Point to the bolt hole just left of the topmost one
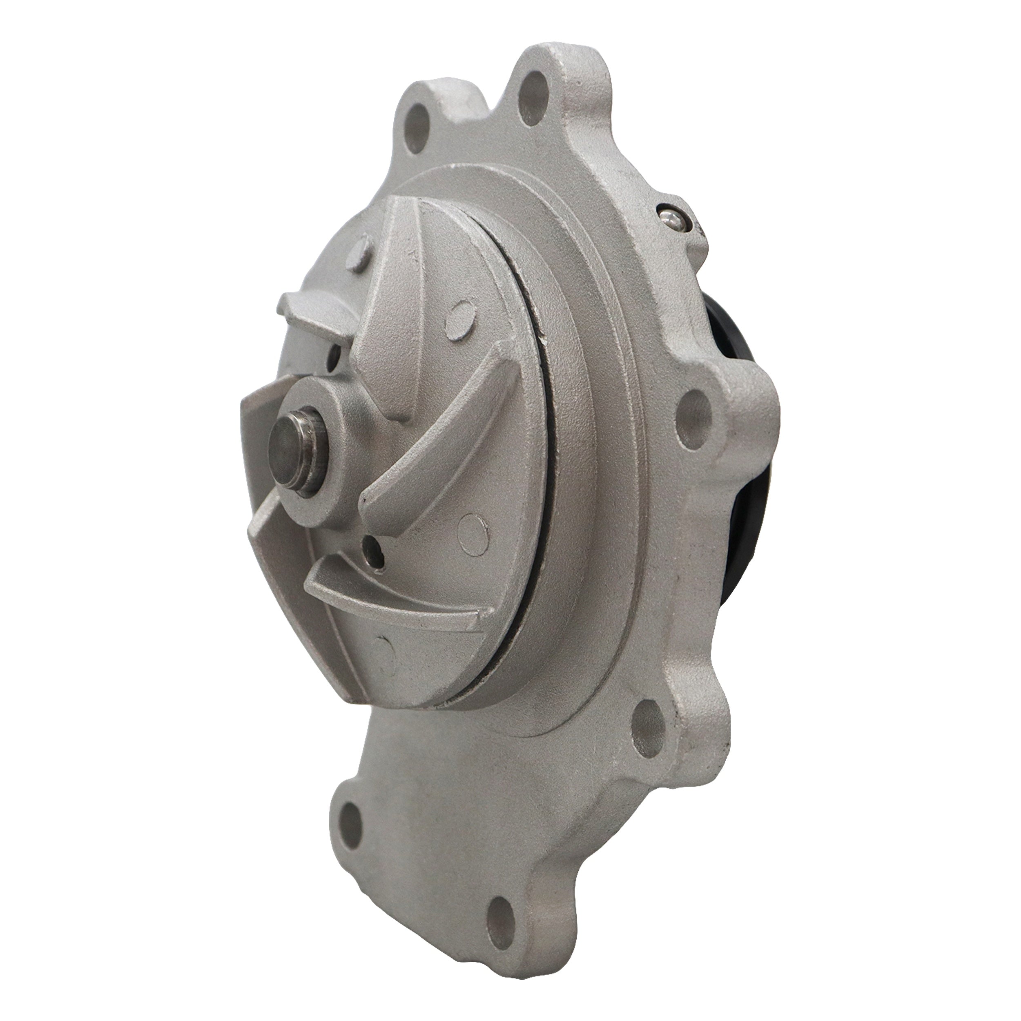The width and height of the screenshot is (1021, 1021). coord(418,127)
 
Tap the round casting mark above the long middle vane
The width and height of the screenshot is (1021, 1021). coord(459,320)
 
